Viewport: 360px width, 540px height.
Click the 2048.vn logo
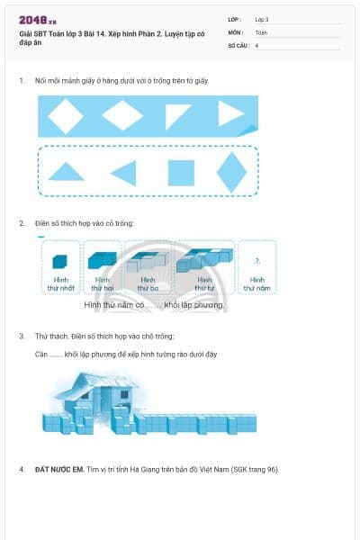[35, 19]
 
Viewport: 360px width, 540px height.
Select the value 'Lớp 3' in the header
[262, 19]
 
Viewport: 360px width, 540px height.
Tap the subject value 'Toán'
[261, 31]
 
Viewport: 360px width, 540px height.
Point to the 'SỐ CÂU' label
[237, 44]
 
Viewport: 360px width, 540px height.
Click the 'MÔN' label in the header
[234, 31]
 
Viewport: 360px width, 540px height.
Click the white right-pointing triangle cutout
[230, 113]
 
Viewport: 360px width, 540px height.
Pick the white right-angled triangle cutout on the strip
[176, 114]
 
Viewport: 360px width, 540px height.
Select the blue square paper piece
[181, 172]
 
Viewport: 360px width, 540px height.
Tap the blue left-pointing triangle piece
[123, 173]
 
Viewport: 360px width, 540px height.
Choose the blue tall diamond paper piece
[231, 171]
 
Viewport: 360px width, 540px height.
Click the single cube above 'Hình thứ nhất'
[59, 261]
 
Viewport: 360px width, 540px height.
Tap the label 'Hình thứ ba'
[148, 284]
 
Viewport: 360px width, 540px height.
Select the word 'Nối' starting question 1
[40, 80]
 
